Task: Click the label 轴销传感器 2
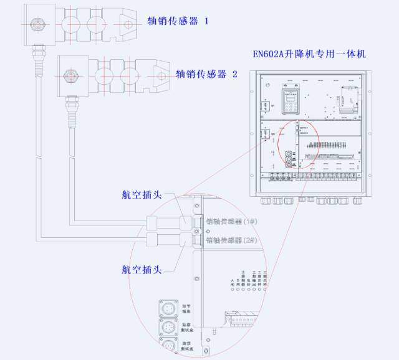click(207, 74)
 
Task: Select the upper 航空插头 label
click(142, 194)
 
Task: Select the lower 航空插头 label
click(142, 270)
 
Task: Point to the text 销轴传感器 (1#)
click(231, 222)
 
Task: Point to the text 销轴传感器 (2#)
click(231, 240)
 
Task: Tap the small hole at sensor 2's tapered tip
click(161, 77)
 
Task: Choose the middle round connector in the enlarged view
click(168, 328)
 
